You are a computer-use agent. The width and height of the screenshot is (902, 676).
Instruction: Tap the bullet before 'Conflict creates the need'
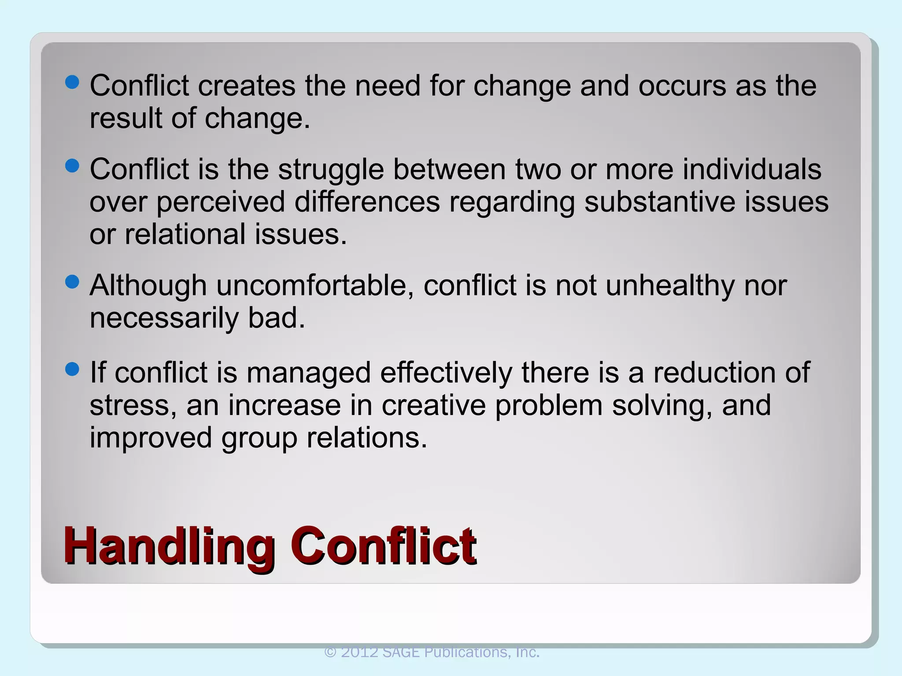(72, 82)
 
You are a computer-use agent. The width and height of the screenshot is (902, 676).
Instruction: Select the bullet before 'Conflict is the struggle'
(72, 166)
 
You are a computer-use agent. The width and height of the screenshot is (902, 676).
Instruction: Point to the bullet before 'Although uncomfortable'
(72, 282)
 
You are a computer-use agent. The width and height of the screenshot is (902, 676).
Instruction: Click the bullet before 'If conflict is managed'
(72, 369)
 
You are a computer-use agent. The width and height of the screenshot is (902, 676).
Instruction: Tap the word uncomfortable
(315, 286)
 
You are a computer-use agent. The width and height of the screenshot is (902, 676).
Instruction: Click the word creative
(433, 405)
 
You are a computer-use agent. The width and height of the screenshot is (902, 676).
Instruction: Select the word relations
(367, 438)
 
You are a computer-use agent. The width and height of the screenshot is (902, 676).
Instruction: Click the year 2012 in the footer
(359, 652)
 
